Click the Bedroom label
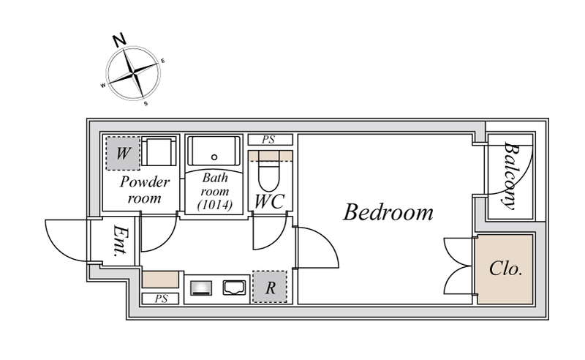(x=388, y=211)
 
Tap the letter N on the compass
(x=119, y=40)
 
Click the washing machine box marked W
(x=123, y=154)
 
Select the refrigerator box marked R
(x=270, y=287)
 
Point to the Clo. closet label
(x=505, y=268)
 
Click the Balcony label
(x=510, y=176)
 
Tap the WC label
(x=269, y=202)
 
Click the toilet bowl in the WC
(x=268, y=176)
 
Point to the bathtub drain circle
(x=214, y=157)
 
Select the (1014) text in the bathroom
(x=215, y=205)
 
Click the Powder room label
(x=144, y=190)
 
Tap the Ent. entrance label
(x=120, y=241)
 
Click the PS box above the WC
(x=270, y=140)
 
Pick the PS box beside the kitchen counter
(x=161, y=299)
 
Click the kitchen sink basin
(x=234, y=288)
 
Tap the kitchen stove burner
(x=201, y=288)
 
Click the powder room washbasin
(x=159, y=151)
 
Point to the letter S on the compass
(x=146, y=103)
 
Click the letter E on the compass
(x=162, y=61)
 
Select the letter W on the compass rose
(x=103, y=86)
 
